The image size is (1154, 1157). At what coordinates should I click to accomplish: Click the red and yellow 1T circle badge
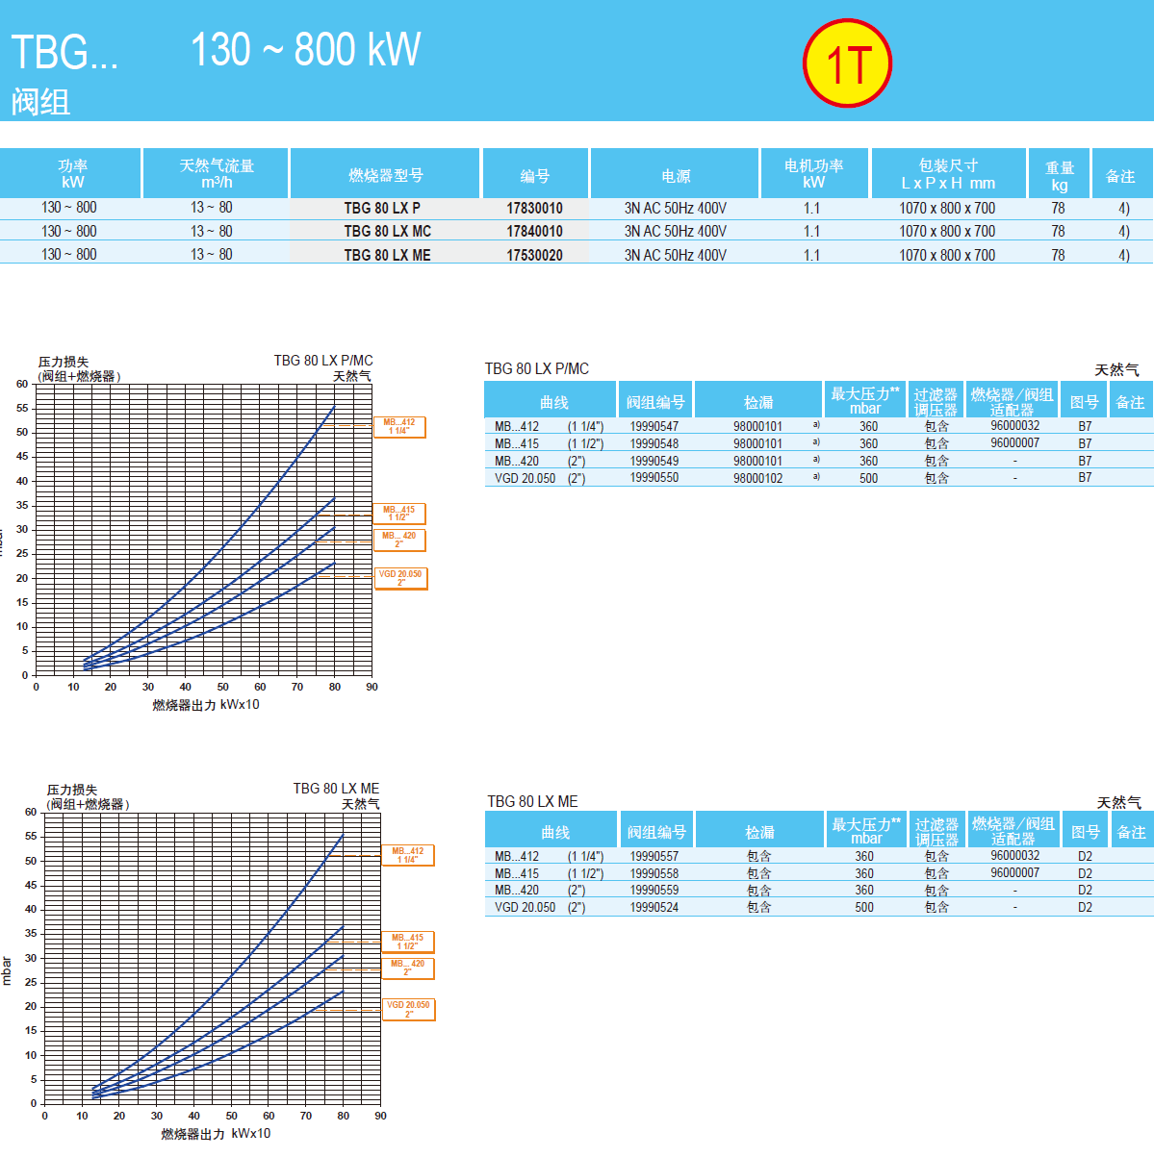[x=847, y=63]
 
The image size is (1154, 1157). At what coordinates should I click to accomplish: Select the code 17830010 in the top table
[x=534, y=208]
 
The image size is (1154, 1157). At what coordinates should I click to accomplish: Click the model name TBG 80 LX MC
[x=387, y=231]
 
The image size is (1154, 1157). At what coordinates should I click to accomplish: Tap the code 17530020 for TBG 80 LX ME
[x=534, y=255]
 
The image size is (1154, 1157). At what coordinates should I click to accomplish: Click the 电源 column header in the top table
[x=676, y=175]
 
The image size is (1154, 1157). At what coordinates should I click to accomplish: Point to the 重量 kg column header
[x=1059, y=175]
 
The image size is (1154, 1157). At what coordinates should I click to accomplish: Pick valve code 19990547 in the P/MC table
[x=654, y=426]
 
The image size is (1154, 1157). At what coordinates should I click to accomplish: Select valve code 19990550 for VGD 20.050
[x=654, y=478]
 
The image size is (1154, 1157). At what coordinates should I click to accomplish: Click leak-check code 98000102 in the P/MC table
[x=757, y=478]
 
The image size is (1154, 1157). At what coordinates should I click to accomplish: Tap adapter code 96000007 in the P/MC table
[x=1014, y=443]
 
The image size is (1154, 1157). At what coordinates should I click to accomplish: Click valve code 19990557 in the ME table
[x=654, y=856]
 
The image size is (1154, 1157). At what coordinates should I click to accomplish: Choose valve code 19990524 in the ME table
[x=654, y=907]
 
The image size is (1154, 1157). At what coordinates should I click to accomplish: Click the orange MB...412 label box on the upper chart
[x=398, y=427]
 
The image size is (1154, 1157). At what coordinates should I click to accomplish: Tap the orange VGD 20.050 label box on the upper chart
[x=399, y=578]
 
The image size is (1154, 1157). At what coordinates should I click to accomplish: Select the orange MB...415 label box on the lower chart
[x=407, y=942]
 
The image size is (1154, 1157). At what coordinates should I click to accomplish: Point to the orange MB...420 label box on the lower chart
[x=407, y=968]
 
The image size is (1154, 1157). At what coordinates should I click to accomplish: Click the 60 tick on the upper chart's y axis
[x=22, y=384]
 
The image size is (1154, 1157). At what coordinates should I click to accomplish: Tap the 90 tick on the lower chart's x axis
[x=380, y=1116]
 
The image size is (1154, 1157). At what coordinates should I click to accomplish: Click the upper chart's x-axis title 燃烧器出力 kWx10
[x=205, y=705]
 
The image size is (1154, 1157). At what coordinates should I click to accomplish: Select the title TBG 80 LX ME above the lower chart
[x=336, y=789]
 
